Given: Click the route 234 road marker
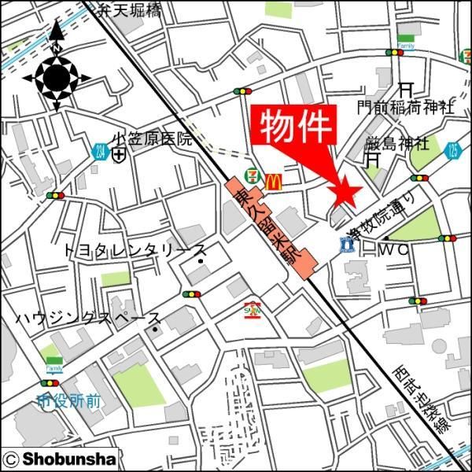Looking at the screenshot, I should (99, 151).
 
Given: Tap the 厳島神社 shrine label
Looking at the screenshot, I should (396, 144).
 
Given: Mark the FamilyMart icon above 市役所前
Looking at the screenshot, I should (53, 365).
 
